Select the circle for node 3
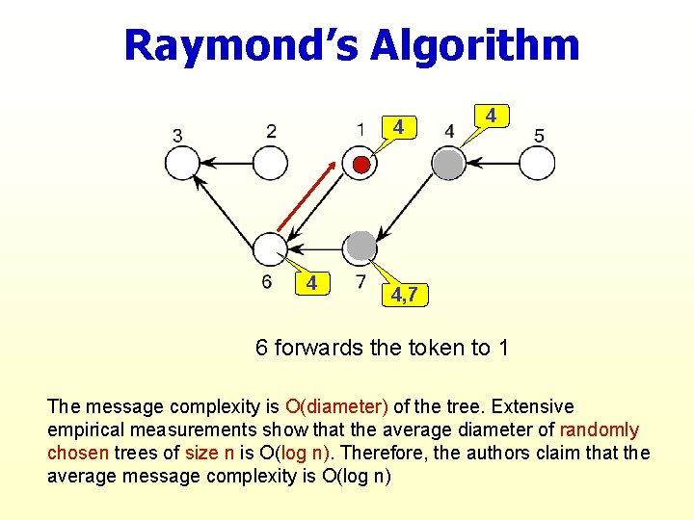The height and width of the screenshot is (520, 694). click(182, 164)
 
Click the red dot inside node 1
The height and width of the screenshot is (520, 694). click(360, 165)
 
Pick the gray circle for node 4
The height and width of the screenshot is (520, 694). click(447, 164)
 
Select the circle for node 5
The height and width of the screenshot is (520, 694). click(538, 164)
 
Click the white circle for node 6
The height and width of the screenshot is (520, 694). click(269, 248)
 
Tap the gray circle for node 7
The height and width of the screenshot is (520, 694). click(360, 247)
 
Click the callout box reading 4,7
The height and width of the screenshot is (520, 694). click(404, 294)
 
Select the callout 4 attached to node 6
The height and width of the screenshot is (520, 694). click(310, 283)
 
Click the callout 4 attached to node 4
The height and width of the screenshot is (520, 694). click(491, 116)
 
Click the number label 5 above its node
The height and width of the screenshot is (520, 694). click(539, 135)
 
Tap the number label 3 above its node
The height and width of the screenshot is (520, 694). click(177, 136)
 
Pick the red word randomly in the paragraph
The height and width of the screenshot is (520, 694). click(600, 429)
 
